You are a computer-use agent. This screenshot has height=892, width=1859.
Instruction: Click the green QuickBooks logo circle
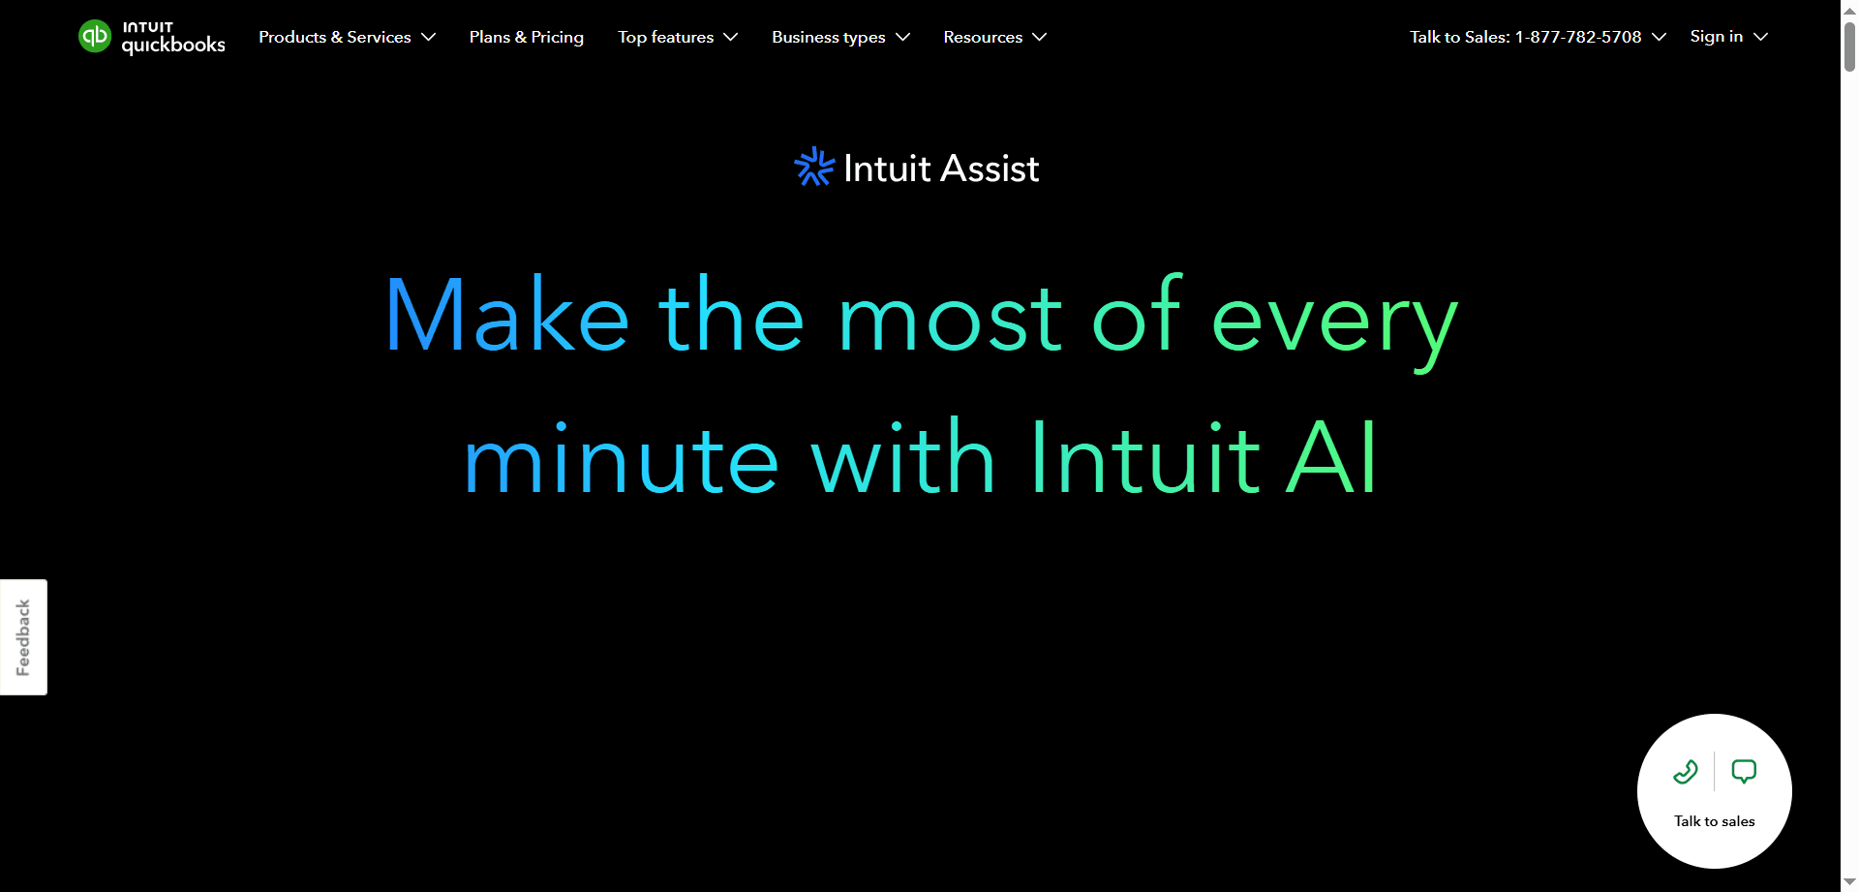point(95,37)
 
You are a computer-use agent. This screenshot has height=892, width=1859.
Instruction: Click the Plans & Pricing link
point(527,37)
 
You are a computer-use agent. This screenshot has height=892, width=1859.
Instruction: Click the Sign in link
point(1716,36)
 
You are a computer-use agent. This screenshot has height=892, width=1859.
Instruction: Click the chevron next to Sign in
point(1761,37)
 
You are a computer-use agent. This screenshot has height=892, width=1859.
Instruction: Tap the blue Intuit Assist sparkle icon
point(813,167)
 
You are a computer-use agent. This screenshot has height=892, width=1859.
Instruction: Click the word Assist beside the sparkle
point(989,169)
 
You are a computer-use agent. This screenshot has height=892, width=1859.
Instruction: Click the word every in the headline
point(1333,320)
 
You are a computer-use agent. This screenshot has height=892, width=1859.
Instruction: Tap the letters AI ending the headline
point(1332,458)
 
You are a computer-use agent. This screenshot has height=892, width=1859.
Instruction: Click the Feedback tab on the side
point(23,637)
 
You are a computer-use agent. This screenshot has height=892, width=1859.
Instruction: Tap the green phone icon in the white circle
point(1686,771)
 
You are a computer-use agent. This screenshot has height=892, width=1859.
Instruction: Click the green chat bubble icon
point(1744,771)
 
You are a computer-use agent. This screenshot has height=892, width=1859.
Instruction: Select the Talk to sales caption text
point(1714,821)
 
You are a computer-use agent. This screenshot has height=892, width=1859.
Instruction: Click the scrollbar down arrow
point(1849,882)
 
